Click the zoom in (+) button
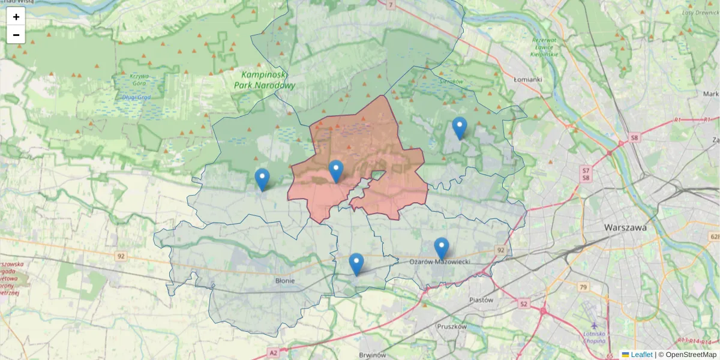(16, 17)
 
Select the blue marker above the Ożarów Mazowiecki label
(442, 248)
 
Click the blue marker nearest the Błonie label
(356, 264)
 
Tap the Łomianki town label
(528, 79)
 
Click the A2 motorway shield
(274, 352)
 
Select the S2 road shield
(524, 304)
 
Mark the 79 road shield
(583, 287)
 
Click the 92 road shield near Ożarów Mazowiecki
(499, 250)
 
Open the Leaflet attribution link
(641, 355)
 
